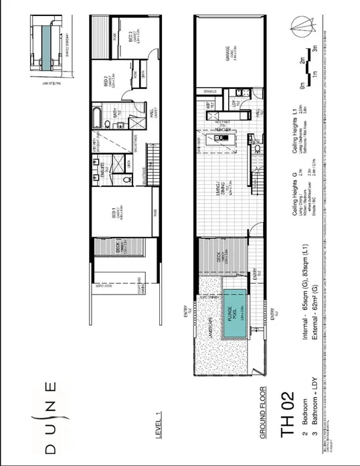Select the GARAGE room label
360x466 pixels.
click(x=229, y=60)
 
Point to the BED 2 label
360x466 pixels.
click(x=107, y=84)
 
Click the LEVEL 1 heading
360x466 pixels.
click(x=158, y=422)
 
